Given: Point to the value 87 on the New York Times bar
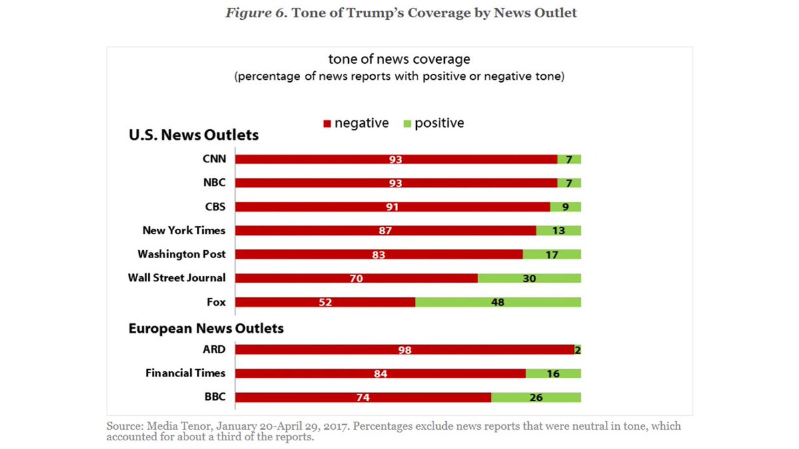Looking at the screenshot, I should tap(386, 231).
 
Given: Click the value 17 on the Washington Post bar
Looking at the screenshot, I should tap(551, 254).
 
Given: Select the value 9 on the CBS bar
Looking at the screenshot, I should tap(565, 207).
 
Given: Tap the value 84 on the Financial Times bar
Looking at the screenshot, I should tap(380, 374).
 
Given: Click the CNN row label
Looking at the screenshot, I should tap(214, 159).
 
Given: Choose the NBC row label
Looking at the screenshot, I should tap(214, 183).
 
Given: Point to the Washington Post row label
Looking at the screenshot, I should tap(181, 254).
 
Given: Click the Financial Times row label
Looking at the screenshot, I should tap(185, 373).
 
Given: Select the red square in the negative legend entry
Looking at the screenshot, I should tap(327, 124).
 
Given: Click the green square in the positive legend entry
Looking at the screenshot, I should tap(407, 124).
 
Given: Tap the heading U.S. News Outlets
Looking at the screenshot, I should tap(194, 136).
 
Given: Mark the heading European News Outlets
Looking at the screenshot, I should tap(206, 329).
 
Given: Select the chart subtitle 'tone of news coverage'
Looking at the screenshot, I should tap(399, 60).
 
